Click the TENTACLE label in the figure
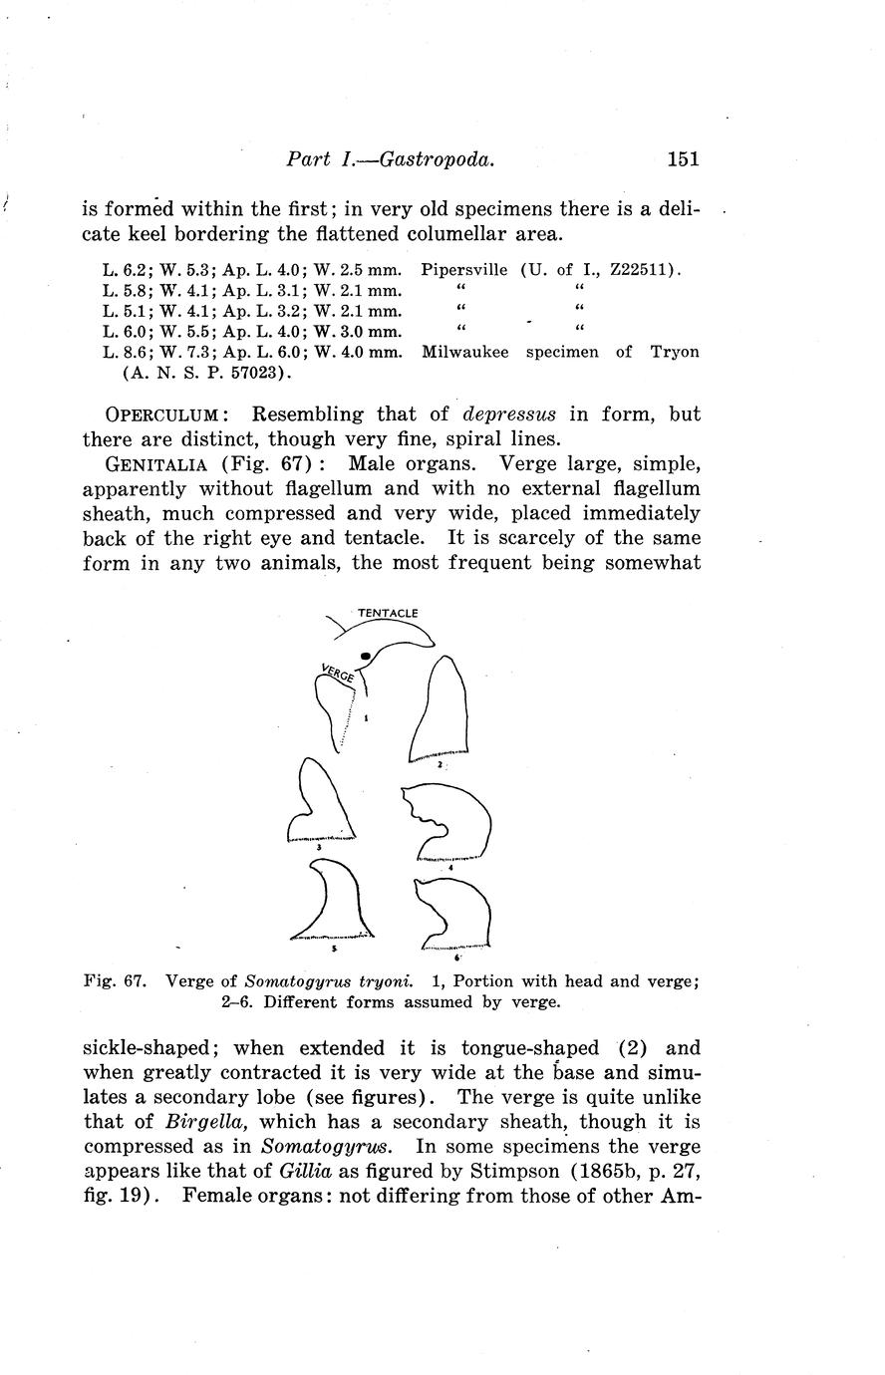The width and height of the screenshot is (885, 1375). (x=387, y=613)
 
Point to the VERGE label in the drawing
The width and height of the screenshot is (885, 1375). (x=339, y=673)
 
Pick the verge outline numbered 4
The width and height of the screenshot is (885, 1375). (x=452, y=821)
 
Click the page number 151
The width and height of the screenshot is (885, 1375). (x=684, y=158)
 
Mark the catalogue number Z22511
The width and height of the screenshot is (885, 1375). (x=642, y=269)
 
